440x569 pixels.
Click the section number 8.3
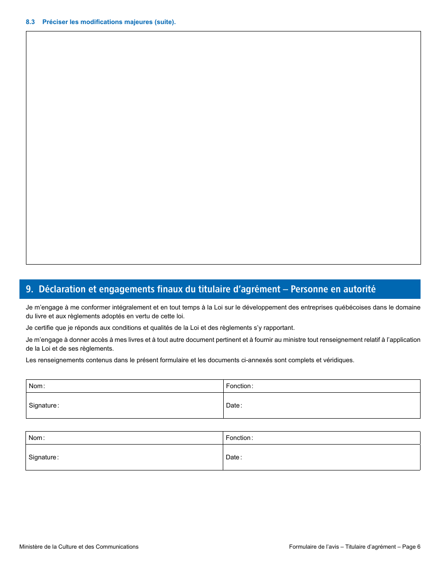click(31, 22)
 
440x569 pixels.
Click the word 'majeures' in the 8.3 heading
click(139, 22)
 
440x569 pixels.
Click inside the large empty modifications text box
click(223, 148)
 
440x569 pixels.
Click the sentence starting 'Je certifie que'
click(160, 328)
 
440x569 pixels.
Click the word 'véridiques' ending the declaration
click(338, 360)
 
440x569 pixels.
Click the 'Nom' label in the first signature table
click(36, 386)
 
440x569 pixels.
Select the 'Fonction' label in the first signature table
click(239, 386)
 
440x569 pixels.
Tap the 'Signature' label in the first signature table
click(43, 406)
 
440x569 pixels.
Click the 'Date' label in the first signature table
click(233, 406)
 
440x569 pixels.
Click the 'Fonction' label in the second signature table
click(239, 438)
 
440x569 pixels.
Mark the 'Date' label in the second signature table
click(233, 458)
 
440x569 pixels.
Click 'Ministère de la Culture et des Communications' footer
click(79, 547)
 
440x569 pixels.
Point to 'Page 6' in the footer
click(411, 547)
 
